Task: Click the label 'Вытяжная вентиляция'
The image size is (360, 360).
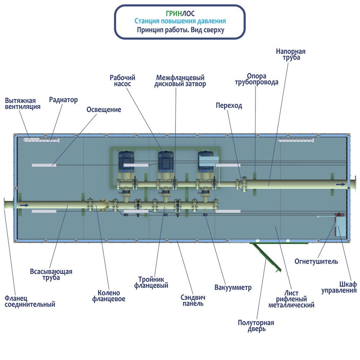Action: pyautogui.click(x=23, y=104)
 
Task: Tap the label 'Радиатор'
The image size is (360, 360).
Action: pyautogui.click(x=63, y=100)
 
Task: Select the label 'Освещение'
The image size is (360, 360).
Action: pyautogui.click(x=104, y=109)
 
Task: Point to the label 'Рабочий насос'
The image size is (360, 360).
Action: pyautogui.click(x=122, y=81)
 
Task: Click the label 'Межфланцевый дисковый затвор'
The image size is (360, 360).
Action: pyautogui.click(x=180, y=81)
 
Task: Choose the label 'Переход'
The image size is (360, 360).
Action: pyautogui.click(x=229, y=105)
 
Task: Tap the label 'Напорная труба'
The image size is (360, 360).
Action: pyautogui.click(x=291, y=54)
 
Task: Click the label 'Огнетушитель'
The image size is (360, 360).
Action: pyautogui.click(x=316, y=261)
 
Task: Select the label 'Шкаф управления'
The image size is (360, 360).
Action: pyautogui.click(x=339, y=287)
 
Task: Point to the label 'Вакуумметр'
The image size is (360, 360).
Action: pyautogui.click(x=233, y=287)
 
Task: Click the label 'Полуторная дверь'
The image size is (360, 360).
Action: pyautogui.click(x=256, y=326)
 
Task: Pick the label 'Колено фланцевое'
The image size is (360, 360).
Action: pyautogui.click(x=108, y=296)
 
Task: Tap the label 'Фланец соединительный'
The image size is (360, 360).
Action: pyautogui.click(x=30, y=301)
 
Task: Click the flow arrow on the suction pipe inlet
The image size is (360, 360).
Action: pyautogui.click(x=24, y=205)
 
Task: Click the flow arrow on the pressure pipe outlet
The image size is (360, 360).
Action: pyautogui.click(x=341, y=184)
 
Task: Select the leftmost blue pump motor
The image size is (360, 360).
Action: pyautogui.click(x=126, y=161)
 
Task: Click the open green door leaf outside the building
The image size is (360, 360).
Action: pyautogui.click(x=267, y=257)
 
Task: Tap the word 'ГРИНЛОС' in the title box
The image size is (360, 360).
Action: pyautogui.click(x=180, y=14)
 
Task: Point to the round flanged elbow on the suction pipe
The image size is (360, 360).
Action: pyautogui.click(x=102, y=204)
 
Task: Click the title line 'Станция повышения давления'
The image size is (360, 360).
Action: pyautogui.click(x=180, y=21)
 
